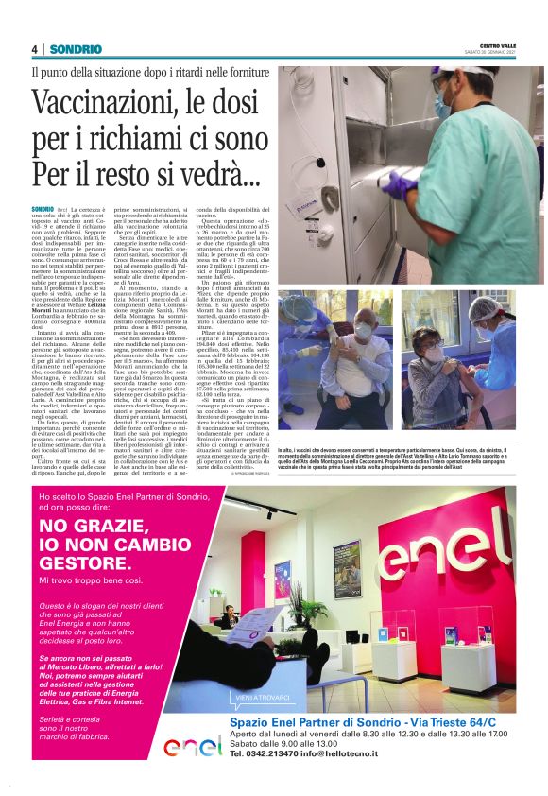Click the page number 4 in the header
tap(34, 49)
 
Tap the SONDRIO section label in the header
tap(70, 49)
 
